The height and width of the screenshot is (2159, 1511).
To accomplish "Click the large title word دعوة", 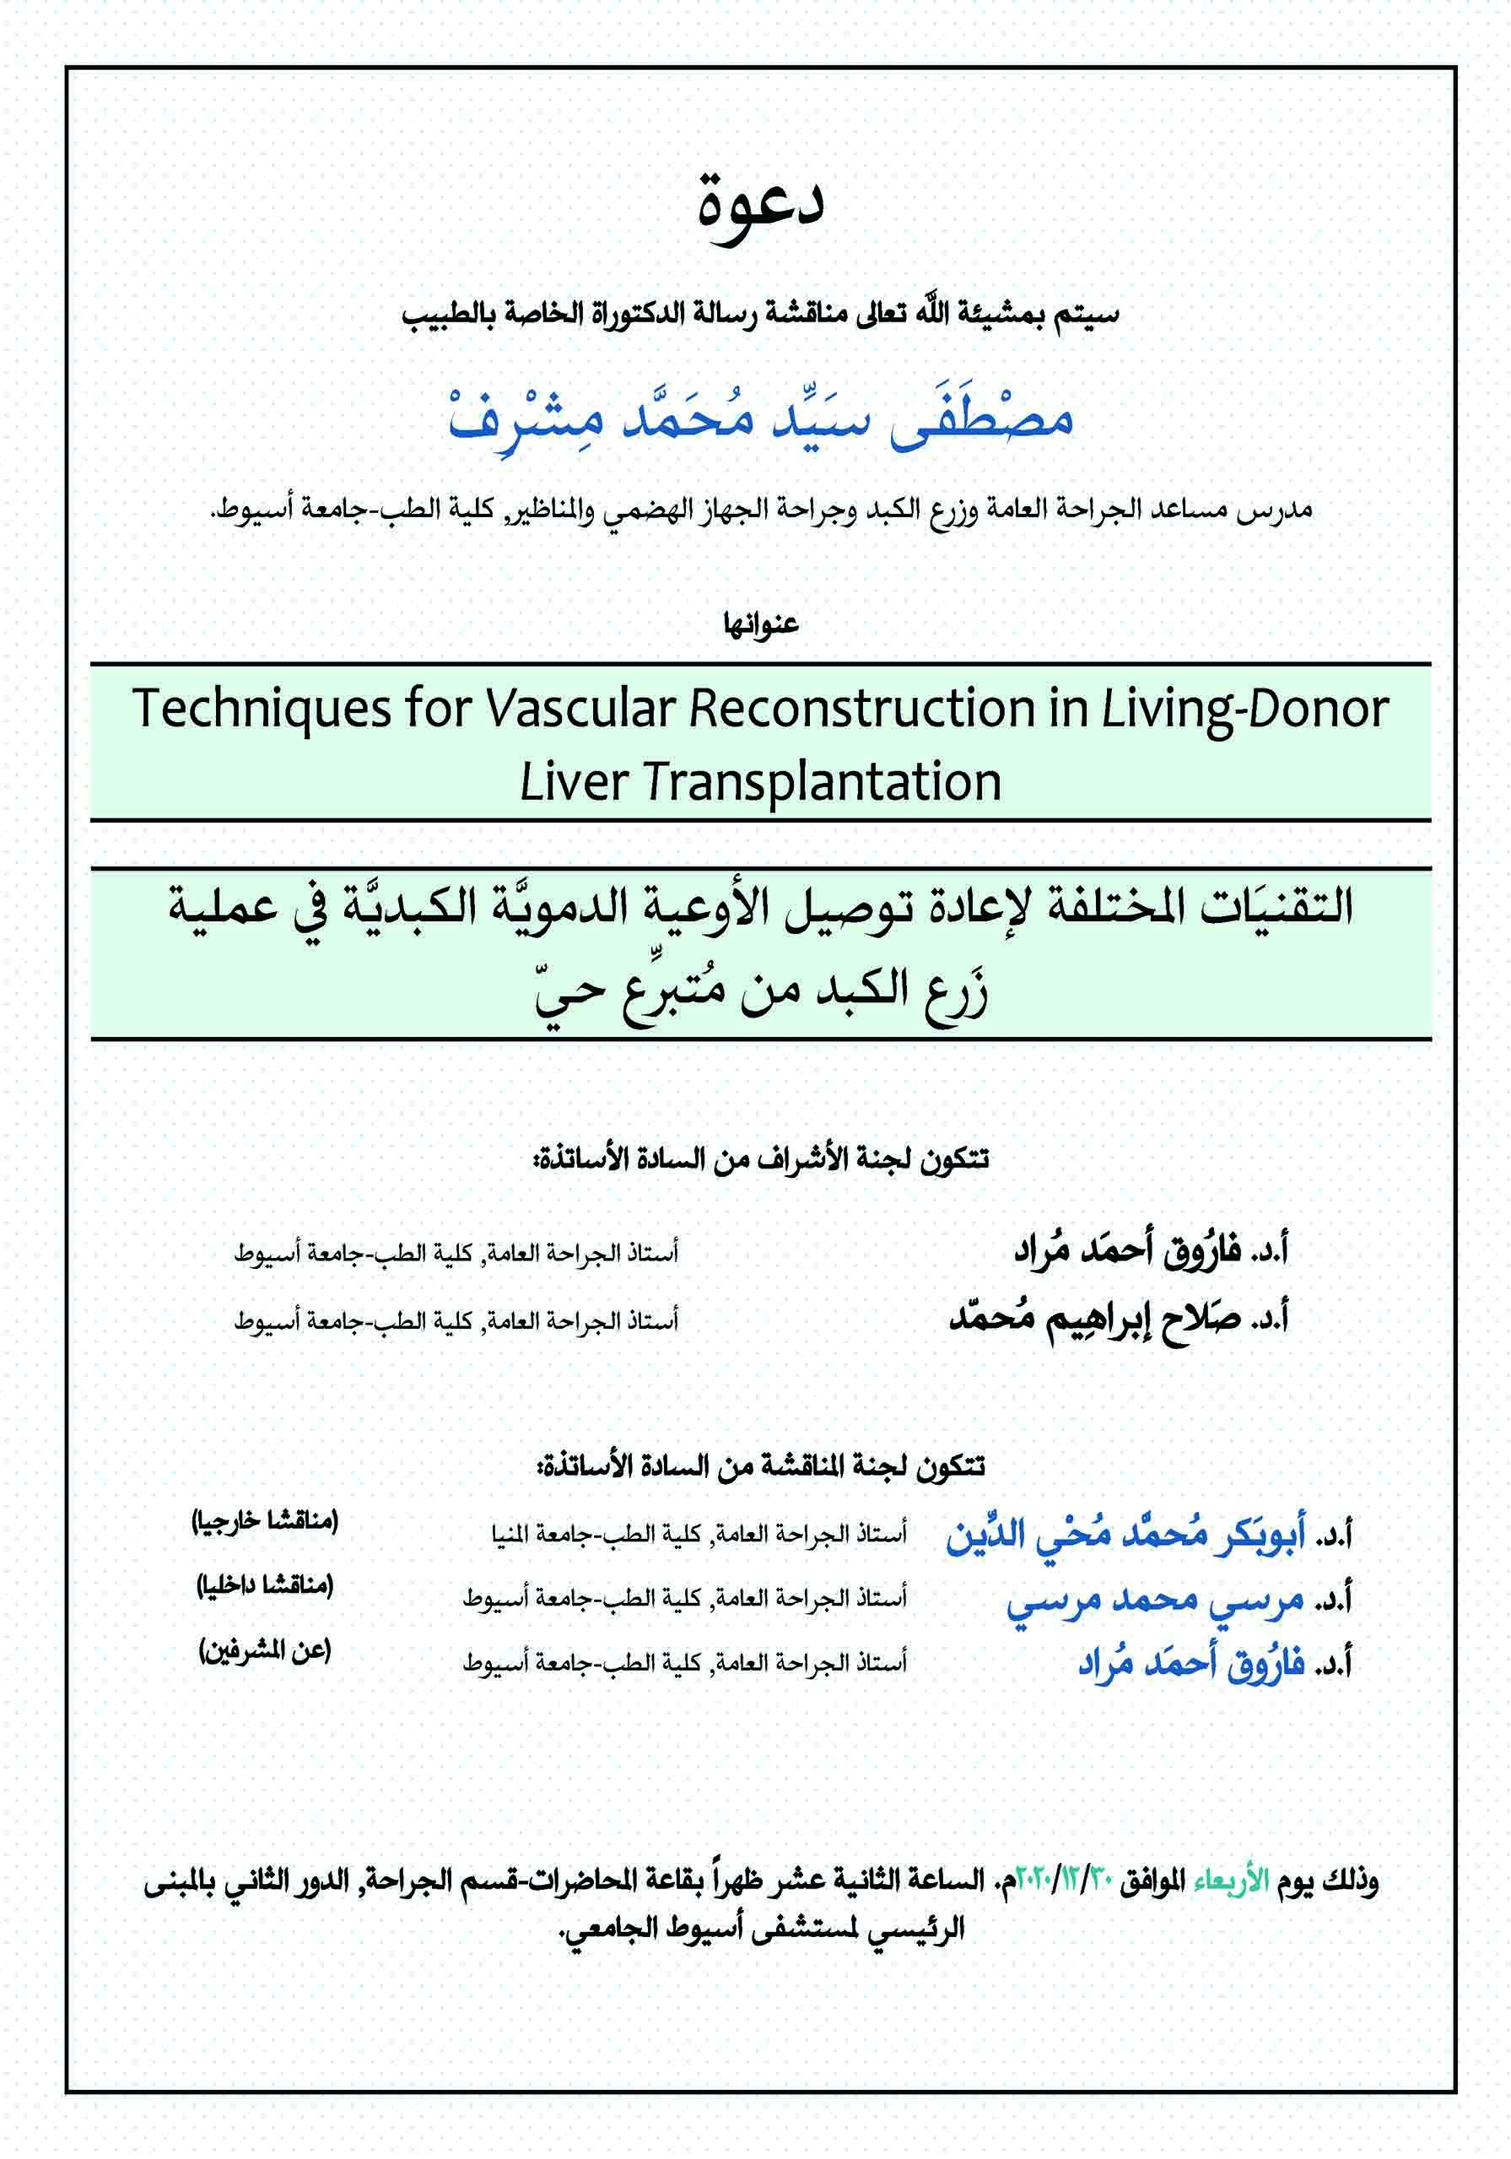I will [760, 206].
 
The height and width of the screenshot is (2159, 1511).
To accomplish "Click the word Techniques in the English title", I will [261, 708].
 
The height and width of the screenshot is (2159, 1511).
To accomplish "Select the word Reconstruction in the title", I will [861, 708].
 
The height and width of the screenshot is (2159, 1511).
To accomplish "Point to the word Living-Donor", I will [1244, 708].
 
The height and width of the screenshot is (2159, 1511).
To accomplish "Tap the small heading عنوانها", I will [760, 624].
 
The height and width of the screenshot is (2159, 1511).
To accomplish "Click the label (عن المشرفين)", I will [264, 1651].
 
